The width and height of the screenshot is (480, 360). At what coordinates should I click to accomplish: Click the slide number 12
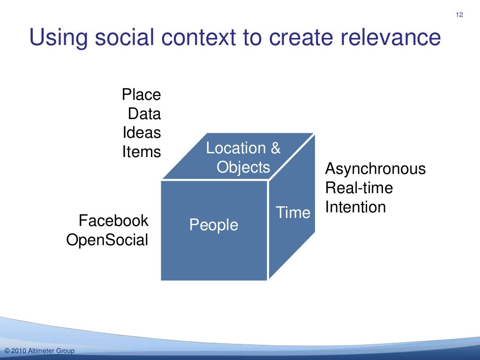click(x=459, y=15)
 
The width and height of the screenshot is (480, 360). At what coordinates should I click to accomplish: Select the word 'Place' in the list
click(x=141, y=95)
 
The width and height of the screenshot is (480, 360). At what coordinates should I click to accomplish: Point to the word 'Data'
click(x=144, y=114)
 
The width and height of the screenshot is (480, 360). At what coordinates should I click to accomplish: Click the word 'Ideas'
click(x=142, y=133)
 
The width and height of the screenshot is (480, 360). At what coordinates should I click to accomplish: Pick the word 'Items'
click(x=142, y=152)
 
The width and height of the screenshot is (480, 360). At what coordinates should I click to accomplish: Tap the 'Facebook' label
click(x=113, y=220)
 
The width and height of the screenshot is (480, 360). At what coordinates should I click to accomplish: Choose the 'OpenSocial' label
click(x=107, y=240)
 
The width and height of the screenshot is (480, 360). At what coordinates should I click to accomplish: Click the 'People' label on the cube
click(x=214, y=225)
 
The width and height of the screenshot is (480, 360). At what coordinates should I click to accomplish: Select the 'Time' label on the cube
click(x=293, y=212)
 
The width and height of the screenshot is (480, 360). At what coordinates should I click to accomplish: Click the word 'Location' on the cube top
click(x=236, y=148)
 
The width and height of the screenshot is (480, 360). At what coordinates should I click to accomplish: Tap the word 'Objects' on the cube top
click(x=243, y=167)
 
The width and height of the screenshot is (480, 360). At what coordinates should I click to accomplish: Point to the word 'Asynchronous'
click(x=375, y=169)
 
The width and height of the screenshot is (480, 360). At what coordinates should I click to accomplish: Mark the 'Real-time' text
click(x=359, y=188)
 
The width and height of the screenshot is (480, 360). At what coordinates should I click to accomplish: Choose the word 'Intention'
click(x=355, y=207)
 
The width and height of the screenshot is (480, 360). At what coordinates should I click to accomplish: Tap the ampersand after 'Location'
click(x=275, y=148)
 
